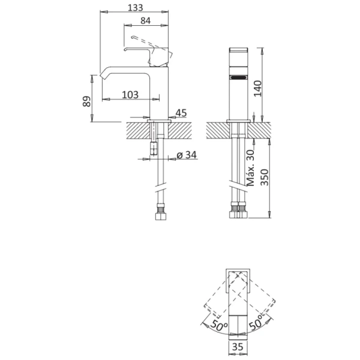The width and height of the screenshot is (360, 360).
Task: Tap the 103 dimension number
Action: (x=130, y=94)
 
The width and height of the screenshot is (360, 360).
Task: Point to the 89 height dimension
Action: (x=86, y=101)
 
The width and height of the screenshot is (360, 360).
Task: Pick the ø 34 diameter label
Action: (x=187, y=155)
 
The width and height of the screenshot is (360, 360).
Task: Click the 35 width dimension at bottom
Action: (x=238, y=346)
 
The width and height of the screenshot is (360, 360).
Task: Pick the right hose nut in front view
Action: (x=243, y=214)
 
